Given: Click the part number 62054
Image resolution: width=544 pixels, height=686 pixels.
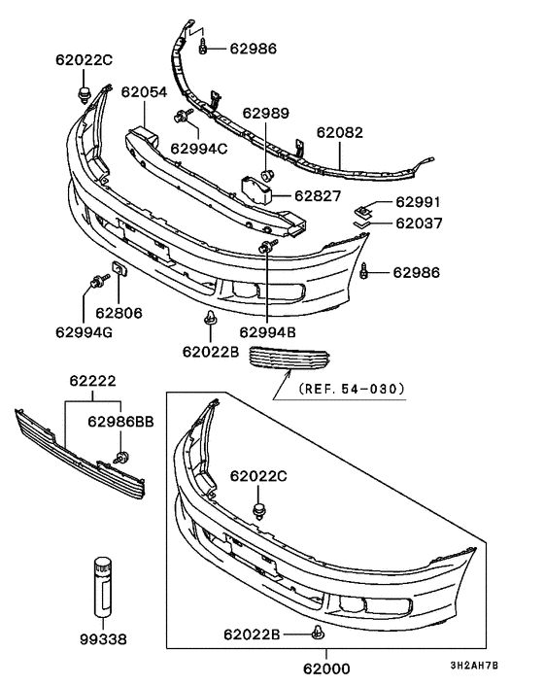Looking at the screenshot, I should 144,93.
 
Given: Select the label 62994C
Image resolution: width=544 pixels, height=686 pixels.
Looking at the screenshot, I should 199,148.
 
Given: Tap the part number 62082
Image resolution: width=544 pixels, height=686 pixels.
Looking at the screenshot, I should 341,134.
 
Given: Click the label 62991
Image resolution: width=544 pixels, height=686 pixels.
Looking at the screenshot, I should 417,203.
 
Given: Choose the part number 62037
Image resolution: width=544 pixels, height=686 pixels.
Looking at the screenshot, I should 417,223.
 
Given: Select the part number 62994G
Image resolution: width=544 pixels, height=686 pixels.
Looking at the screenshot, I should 85,331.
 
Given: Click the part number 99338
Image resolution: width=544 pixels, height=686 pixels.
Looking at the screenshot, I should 104,640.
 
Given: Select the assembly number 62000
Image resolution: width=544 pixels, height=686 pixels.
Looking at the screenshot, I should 325,669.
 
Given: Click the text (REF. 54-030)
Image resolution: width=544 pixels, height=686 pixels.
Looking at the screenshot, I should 353,390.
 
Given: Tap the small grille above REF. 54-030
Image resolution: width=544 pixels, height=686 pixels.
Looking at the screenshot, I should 292,359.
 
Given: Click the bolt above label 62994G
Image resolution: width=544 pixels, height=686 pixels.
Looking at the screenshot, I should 95,283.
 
